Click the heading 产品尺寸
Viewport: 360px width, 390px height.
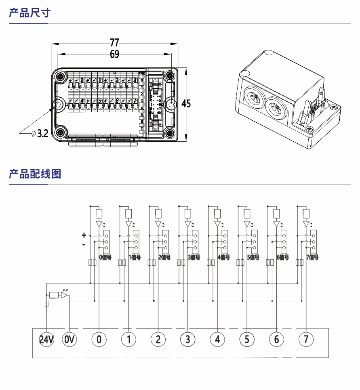[29, 13]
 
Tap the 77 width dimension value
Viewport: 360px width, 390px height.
[115, 42]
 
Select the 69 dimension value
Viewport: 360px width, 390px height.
[115, 54]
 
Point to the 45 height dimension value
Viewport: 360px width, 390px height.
[186, 104]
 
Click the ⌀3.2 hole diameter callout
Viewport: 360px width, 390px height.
[40, 133]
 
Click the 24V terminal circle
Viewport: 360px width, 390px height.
[46, 340]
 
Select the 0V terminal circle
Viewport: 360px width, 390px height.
[69, 340]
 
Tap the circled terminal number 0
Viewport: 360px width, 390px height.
[99, 340]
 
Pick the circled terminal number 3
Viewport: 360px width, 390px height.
[187, 340]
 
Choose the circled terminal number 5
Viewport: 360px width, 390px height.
[247, 340]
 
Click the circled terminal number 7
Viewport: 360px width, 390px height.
[306, 340]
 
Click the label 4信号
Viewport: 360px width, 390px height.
[223, 258]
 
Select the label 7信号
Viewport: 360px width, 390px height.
[312, 258]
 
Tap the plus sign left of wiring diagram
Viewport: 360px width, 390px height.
[84, 235]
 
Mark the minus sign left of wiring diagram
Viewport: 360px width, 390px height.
[84, 245]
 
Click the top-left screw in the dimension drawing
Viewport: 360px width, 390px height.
[61, 77]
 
